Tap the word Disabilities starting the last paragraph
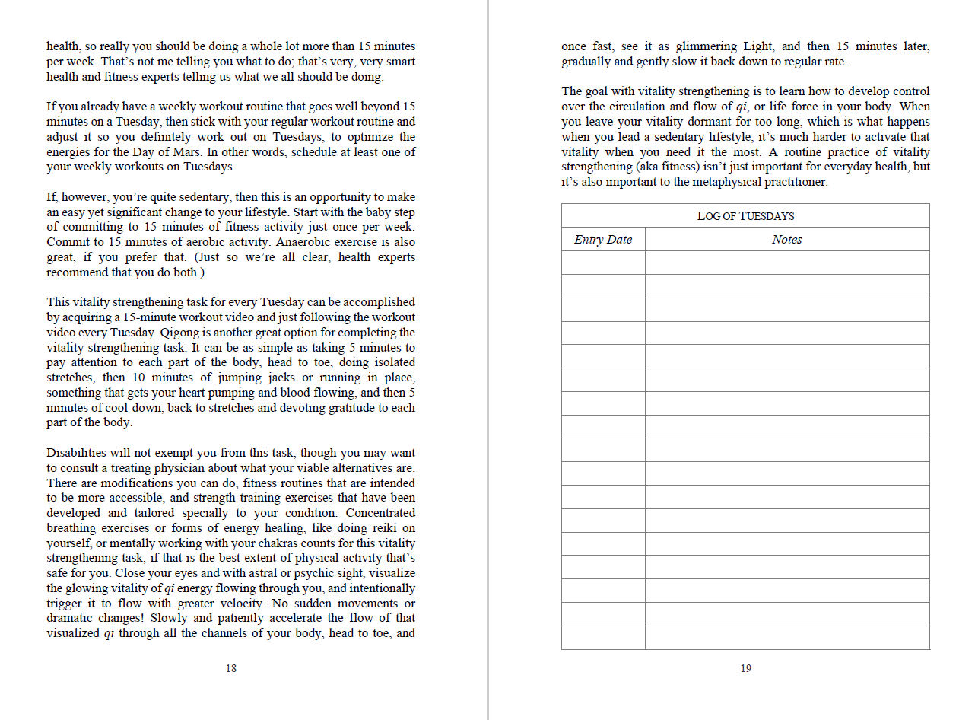click(x=76, y=453)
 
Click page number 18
click(x=230, y=669)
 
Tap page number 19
click(x=745, y=669)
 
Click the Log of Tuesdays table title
click(x=745, y=216)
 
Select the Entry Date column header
click(x=603, y=240)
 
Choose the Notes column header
click(x=786, y=240)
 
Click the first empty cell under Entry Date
click(x=603, y=263)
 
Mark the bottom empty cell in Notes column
click(x=786, y=638)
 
